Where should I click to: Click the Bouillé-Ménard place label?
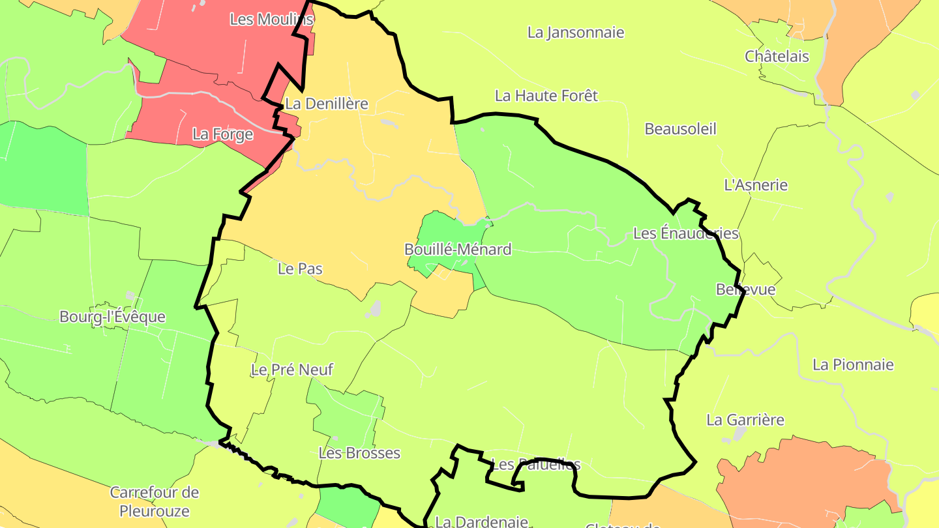tap(458, 250)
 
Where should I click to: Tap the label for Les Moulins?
tap(271, 20)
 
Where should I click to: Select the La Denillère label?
tap(327, 104)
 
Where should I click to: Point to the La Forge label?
tap(222, 134)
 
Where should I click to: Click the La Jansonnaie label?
tap(576, 33)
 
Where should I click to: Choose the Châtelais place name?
tap(777, 57)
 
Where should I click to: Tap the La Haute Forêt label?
tap(546, 96)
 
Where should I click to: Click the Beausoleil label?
tap(680, 129)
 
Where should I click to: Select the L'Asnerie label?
tap(756, 185)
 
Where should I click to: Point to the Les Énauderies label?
tap(685, 233)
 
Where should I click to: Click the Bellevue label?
tap(745, 289)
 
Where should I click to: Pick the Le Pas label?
tap(300, 269)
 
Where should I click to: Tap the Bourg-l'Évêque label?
tap(112, 317)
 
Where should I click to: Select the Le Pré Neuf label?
tap(291, 370)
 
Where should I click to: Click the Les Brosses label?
tap(359, 453)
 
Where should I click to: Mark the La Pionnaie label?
tap(852, 365)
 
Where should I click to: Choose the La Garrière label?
tap(745, 420)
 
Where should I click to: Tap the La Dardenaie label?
tap(481, 521)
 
